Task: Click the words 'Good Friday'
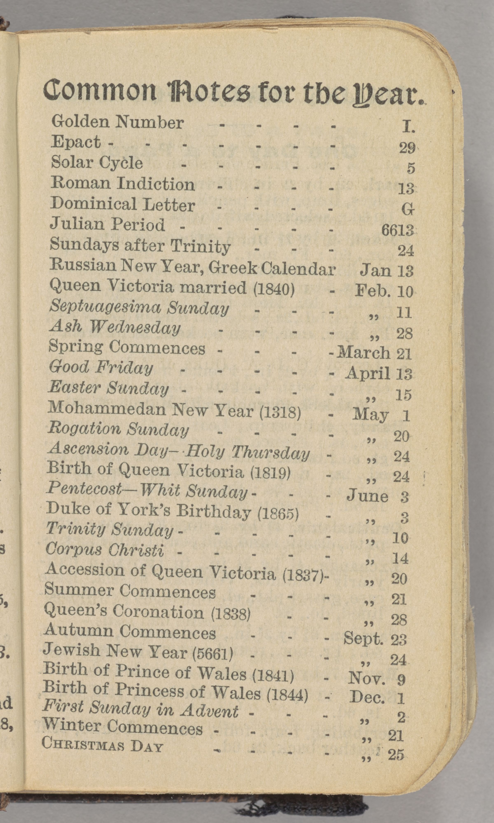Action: pyautogui.click(x=100, y=368)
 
